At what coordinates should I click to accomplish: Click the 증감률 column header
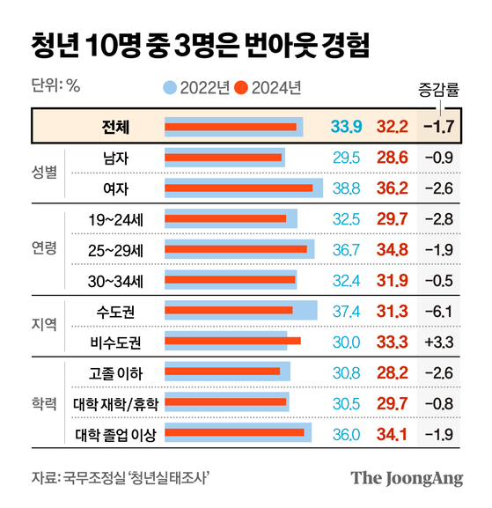pos(438,90)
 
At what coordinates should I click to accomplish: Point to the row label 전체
pos(116,127)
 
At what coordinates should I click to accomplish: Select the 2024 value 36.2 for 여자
pos(392,188)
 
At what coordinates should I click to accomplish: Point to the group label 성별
pos(45,173)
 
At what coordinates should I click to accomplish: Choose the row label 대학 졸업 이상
pos(116,433)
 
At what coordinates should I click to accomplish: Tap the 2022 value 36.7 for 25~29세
pos(346,250)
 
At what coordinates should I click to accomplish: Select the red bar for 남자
pos(224,158)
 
